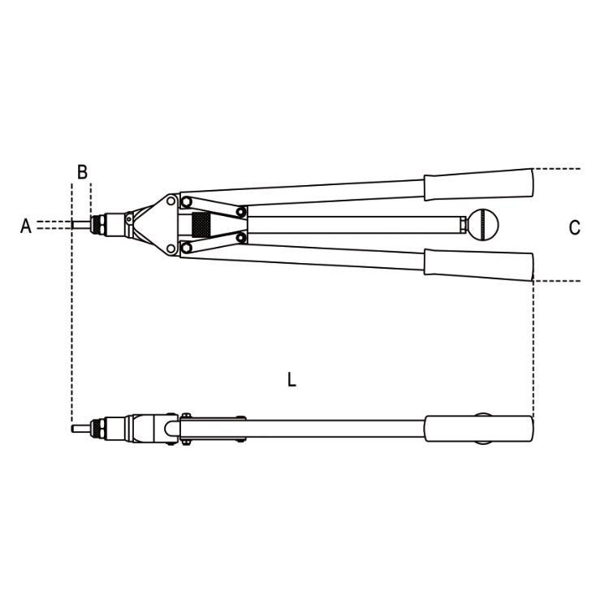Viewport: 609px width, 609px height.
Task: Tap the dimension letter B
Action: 82,171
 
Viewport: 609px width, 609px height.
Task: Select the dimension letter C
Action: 574,227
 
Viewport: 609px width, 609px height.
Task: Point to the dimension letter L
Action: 292,379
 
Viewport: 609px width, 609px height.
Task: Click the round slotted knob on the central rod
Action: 483,225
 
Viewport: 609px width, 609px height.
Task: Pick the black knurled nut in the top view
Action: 201,224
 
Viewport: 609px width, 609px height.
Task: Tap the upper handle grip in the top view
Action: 478,184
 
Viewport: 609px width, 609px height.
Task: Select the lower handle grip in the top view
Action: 478,265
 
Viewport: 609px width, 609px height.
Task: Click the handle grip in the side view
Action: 478,429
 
